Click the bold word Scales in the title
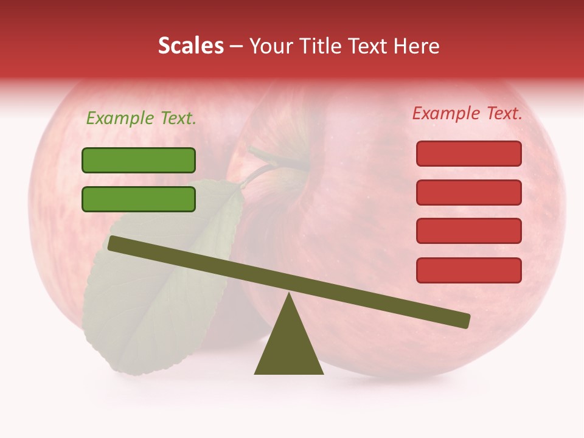190,46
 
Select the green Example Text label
141,119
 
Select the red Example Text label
467,113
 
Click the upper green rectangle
139,160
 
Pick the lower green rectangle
139,199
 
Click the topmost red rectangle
468,153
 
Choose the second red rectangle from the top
468,192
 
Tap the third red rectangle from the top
468,231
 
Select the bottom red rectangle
468,270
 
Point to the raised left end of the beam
114,243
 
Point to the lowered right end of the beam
464,321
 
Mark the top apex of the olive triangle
289,295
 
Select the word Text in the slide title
366,46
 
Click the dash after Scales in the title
237,46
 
